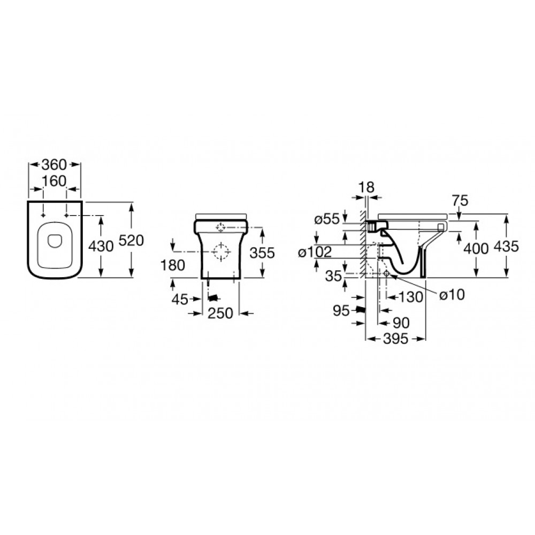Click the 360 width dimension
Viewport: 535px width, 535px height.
pyautogui.click(x=53, y=164)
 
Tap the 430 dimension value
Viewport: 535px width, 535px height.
pyautogui.click(x=101, y=247)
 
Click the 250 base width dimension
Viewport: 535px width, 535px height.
pyautogui.click(x=220, y=313)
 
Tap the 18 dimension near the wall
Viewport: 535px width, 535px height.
pyautogui.click(x=366, y=187)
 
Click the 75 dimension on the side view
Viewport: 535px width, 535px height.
pyautogui.click(x=460, y=201)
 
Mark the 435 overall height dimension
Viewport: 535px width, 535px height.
pyautogui.click(x=507, y=247)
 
